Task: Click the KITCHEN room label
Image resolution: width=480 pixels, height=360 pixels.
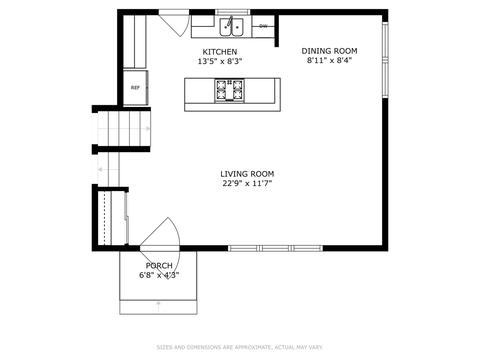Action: [x=220, y=52]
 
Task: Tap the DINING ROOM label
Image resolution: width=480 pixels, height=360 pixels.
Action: [x=329, y=51]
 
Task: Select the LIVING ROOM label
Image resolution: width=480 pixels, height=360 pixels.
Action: [x=247, y=174]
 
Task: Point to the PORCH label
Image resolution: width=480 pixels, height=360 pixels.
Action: [x=159, y=266]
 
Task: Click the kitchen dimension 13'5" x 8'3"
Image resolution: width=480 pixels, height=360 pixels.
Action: [x=220, y=61]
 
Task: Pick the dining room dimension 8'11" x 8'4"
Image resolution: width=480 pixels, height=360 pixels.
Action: [x=329, y=60]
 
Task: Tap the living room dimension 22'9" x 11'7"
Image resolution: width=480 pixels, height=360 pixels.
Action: [x=247, y=183]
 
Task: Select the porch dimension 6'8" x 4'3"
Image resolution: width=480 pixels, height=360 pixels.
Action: [x=159, y=275]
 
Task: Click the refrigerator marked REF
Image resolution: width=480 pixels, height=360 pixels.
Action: [x=135, y=88]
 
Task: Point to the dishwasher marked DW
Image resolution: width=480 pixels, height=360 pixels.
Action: [x=263, y=26]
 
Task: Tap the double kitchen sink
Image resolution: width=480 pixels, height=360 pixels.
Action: [x=231, y=27]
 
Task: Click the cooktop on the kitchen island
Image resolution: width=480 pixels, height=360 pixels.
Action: [x=229, y=90]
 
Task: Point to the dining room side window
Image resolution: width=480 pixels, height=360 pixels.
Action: [x=385, y=59]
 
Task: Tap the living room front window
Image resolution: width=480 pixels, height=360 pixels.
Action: [x=275, y=248]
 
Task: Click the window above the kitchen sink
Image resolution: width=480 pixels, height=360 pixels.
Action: [x=233, y=12]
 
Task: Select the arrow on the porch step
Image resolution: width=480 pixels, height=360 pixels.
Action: [x=158, y=307]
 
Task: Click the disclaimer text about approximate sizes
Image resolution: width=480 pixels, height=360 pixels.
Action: [x=240, y=347]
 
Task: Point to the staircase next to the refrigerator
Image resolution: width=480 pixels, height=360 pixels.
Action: [x=124, y=129]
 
